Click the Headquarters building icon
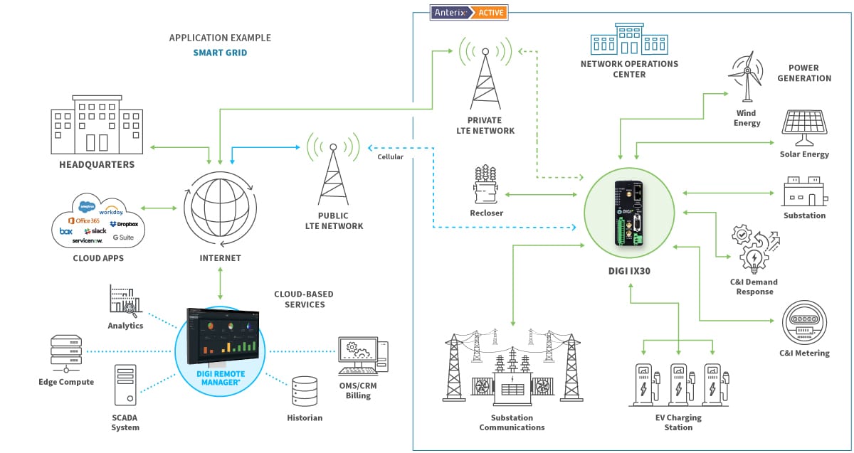97,127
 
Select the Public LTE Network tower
333,171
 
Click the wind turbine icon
747,77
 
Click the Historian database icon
305,391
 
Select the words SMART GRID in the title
220,53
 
